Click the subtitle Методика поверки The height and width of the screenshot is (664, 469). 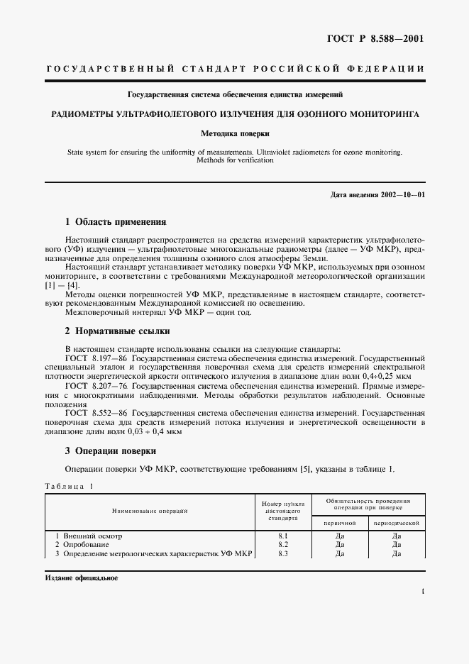pyautogui.click(x=234, y=133)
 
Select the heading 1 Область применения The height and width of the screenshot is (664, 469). pyautogui.click(x=115, y=221)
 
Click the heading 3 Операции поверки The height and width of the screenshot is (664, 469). pyautogui.click(x=111, y=451)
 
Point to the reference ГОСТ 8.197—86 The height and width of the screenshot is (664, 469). pyautogui.click(x=96, y=358)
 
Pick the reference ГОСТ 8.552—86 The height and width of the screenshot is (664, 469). pyautogui.click(x=96, y=412)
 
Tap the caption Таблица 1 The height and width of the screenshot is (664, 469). pyautogui.click(x=69, y=486)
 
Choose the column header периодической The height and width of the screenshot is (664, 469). pyautogui.click(x=397, y=522)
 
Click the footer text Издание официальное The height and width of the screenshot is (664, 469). pyautogui.click(x=82, y=578)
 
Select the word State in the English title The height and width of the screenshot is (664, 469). pyautogui.click(x=76, y=152)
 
